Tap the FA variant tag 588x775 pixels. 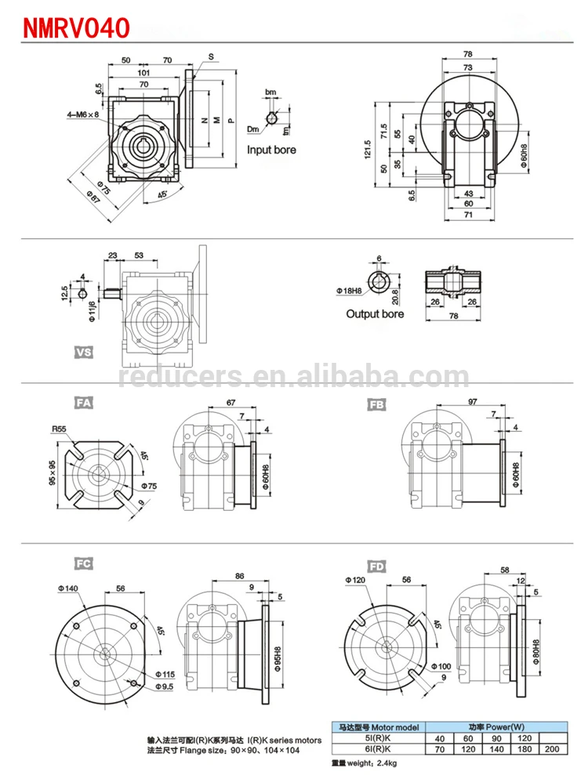click(x=84, y=404)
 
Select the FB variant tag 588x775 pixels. click(x=377, y=405)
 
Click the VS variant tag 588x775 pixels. click(x=84, y=353)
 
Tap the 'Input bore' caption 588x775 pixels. click(x=271, y=149)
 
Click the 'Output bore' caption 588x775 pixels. click(x=375, y=313)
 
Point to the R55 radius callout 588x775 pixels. click(x=60, y=429)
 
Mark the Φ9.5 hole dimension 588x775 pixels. click(x=164, y=687)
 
